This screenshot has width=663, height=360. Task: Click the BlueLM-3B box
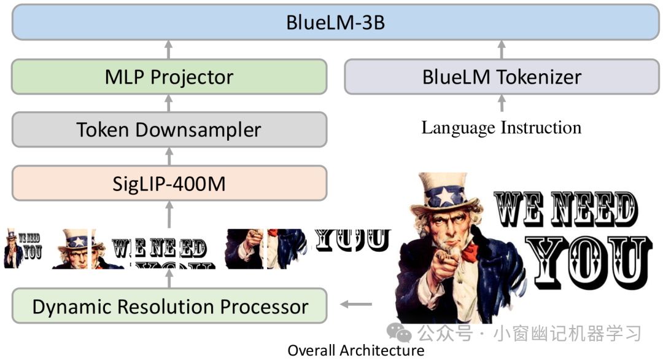pos(335,22)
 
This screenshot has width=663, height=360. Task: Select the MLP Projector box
pos(169,77)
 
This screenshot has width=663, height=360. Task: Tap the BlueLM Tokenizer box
pos(502,77)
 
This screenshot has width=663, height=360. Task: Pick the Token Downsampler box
pos(169,130)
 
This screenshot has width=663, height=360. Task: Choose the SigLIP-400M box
pos(169,183)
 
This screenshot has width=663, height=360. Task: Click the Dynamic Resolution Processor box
pos(169,307)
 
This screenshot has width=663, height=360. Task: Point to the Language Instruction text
pos(502,128)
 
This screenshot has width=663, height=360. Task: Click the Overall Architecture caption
pos(356,350)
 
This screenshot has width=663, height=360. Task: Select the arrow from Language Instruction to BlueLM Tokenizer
pos(502,103)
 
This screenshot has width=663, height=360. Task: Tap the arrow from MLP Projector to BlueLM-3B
pos(169,50)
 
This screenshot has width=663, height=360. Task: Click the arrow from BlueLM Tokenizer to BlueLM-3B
pos(502,50)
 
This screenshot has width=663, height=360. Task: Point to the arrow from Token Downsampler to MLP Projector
pos(169,103)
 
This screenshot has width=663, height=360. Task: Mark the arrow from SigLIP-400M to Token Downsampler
pos(169,157)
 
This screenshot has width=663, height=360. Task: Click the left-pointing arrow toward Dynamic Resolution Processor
pos(356,304)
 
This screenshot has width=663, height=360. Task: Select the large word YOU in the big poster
pos(589,262)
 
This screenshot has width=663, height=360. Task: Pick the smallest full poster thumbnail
pos(23,249)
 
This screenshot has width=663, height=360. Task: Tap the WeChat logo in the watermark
pos(399,332)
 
